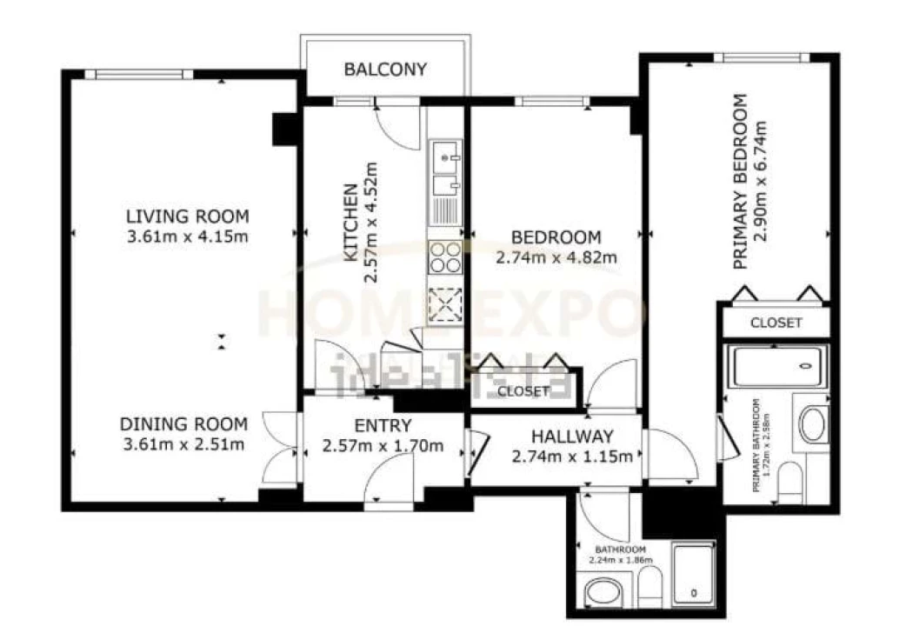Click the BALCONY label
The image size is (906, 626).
click(385, 70)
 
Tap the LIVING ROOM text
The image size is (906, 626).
click(187, 216)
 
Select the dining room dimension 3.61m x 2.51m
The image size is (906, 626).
click(183, 444)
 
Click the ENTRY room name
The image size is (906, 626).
click(383, 426)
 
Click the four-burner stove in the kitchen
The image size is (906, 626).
click(446, 257)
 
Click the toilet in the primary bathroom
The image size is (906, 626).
click(790, 482)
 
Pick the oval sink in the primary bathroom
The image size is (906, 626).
click(813, 424)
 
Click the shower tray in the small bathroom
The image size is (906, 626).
click(694, 574)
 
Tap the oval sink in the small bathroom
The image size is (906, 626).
click(600, 595)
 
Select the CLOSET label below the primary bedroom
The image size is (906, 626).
click(776, 323)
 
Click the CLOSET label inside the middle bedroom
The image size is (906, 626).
click(523, 391)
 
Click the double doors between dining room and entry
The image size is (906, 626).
click(278, 448)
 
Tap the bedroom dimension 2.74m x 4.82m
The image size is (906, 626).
click(556, 257)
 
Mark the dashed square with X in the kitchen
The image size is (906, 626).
click(446, 303)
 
